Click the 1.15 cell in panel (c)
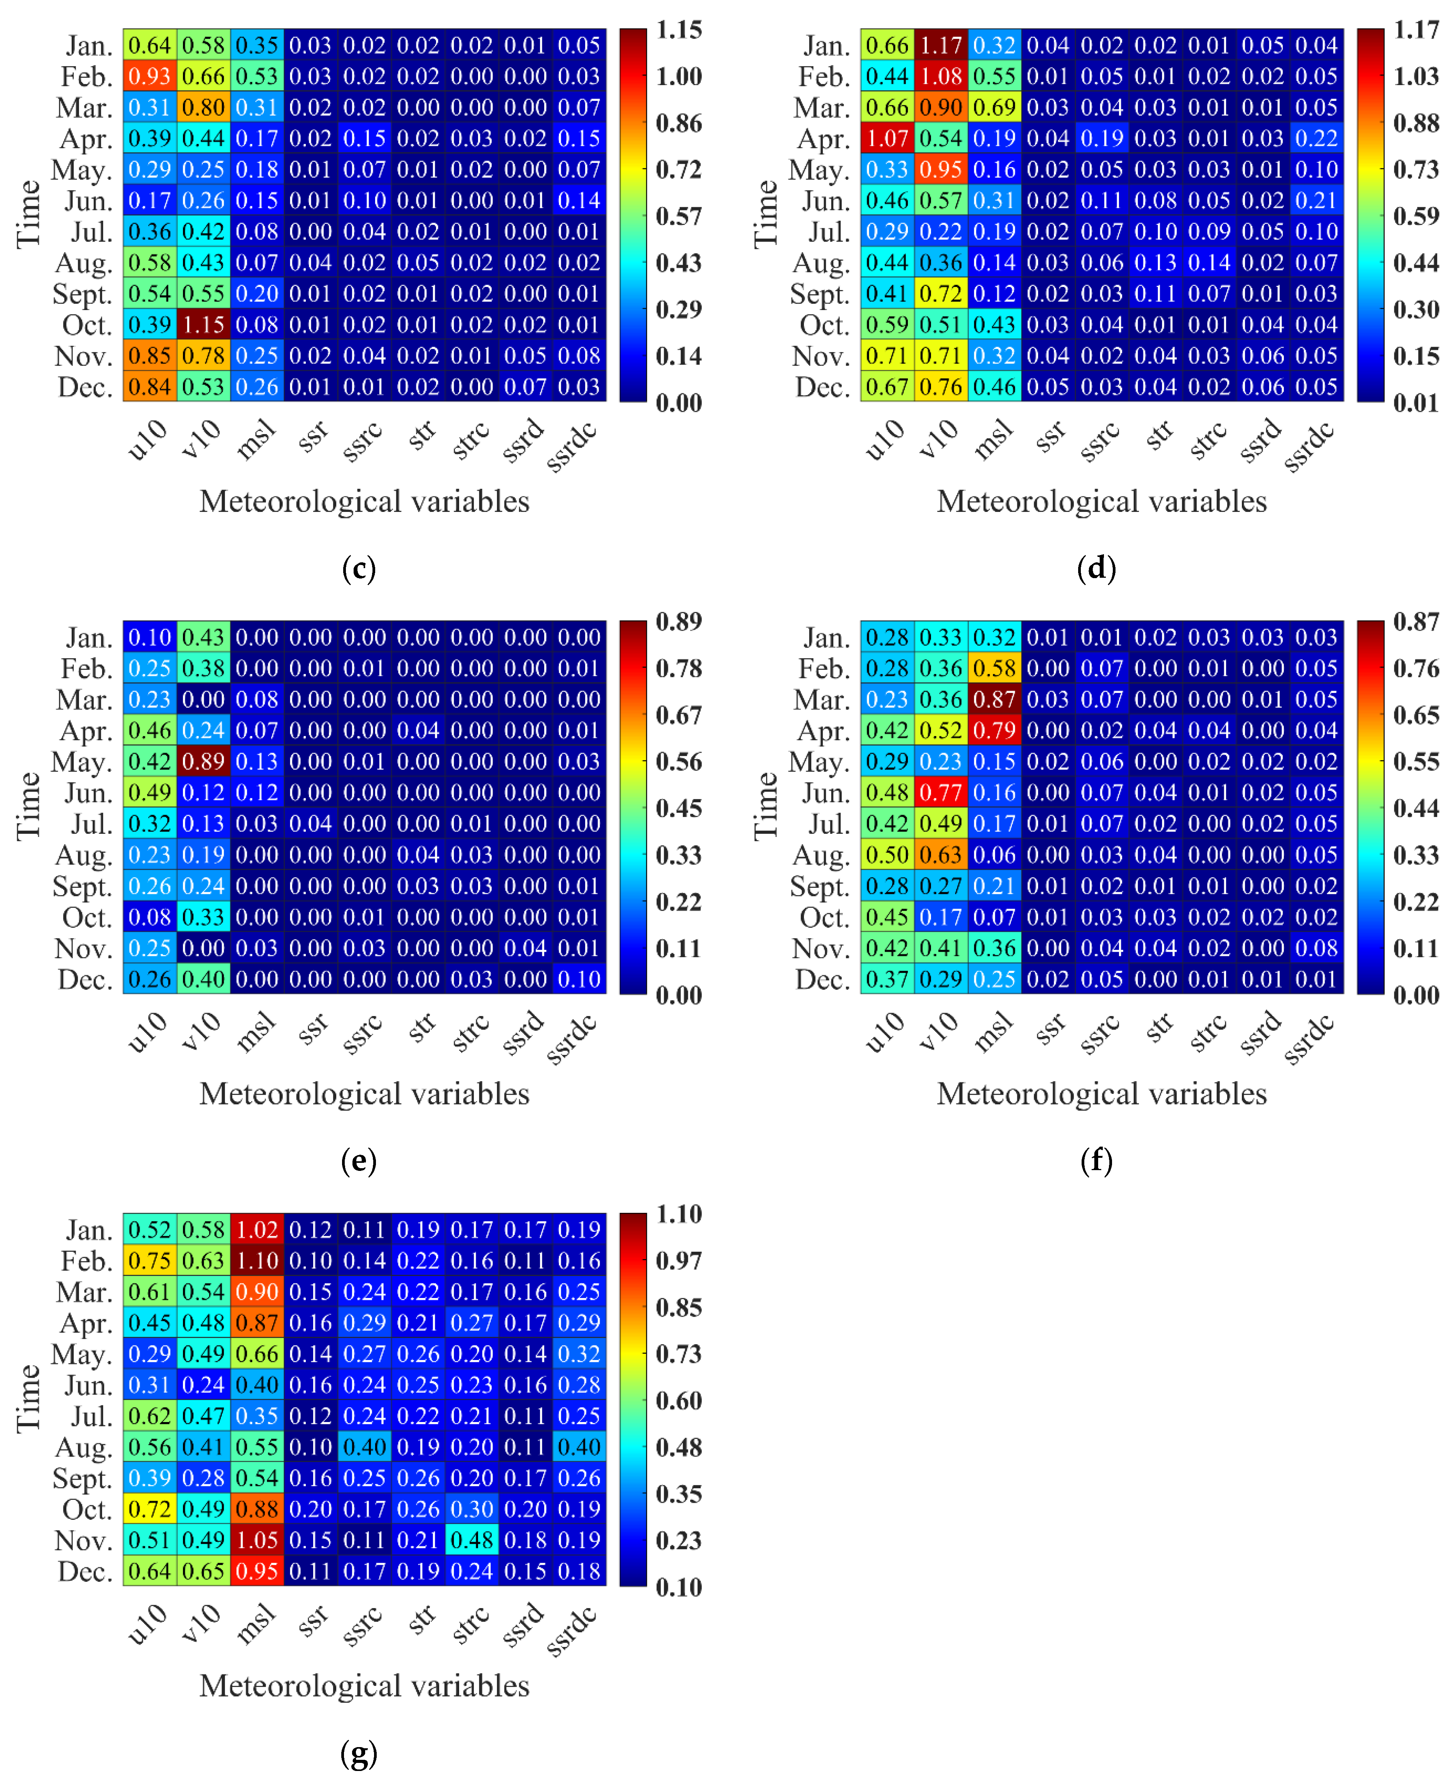(x=203, y=324)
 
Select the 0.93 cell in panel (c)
(x=149, y=76)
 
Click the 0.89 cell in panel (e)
(x=203, y=761)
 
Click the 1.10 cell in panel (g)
(x=257, y=1260)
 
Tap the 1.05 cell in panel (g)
(x=257, y=1539)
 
